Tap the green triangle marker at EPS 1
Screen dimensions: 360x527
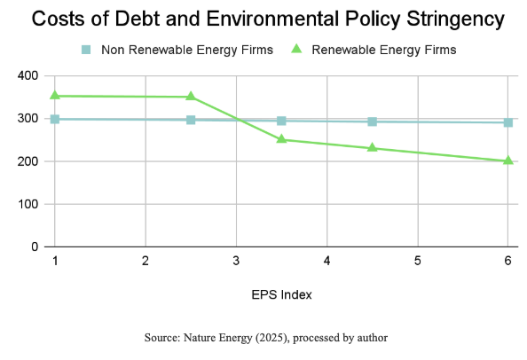point(55,95)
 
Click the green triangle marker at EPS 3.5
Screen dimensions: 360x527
point(281,138)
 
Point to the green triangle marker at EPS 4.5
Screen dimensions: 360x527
point(372,147)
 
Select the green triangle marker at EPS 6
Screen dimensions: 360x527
point(507,160)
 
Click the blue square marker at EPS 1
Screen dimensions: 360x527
point(55,119)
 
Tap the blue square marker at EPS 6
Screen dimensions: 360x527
point(507,122)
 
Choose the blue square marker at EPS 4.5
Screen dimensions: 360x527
point(372,121)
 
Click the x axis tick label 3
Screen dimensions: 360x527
point(236,262)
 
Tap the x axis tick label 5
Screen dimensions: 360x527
point(417,262)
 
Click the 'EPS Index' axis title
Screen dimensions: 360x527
point(280,293)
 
